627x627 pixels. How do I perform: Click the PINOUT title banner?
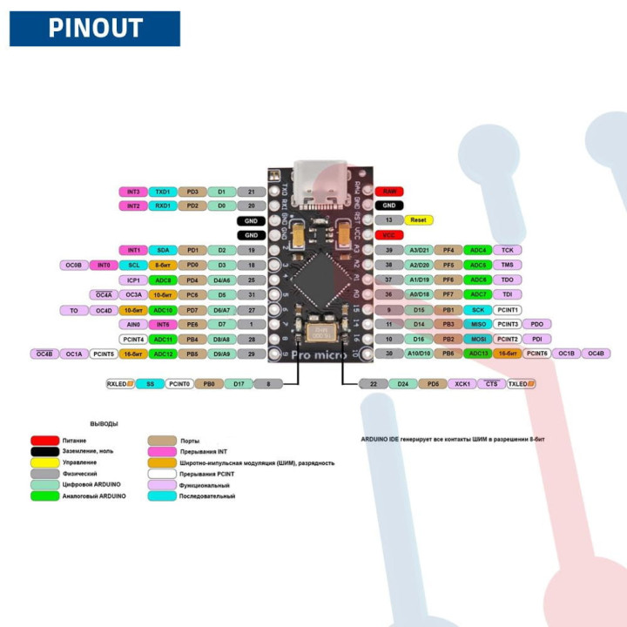(x=94, y=28)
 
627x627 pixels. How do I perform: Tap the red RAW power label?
(x=388, y=191)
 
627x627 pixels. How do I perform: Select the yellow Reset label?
(x=419, y=220)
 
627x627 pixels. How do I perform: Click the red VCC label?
(x=388, y=235)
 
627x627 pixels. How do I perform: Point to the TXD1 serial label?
(x=162, y=191)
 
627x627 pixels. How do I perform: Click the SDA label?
(x=162, y=250)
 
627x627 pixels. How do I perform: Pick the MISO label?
(x=478, y=324)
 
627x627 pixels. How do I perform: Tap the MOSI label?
(x=478, y=339)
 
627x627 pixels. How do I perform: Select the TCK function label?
(x=508, y=250)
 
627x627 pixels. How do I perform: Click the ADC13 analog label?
(x=478, y=354)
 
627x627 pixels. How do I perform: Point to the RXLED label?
(x=119, y=383)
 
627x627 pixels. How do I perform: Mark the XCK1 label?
(x=462, y=383)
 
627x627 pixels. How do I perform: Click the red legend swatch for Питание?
(x=45, y=441)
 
